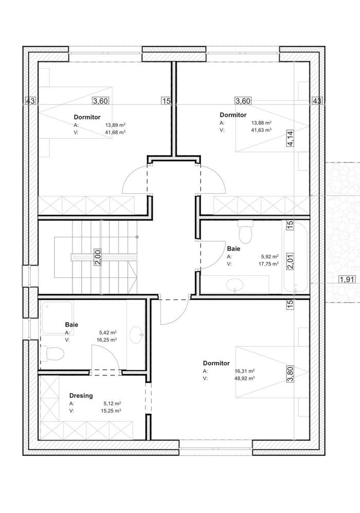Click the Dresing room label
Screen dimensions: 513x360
tap(81, 396)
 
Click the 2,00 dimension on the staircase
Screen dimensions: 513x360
tap(98, 257)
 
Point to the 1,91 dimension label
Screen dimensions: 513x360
tap(347, 280)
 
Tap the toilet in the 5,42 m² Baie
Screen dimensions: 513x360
tap(54, 353)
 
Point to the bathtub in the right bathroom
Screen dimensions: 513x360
tap(297, 257)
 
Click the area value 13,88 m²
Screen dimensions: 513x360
tap(261, 123)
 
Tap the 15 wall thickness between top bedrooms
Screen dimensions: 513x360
tap(166, 101)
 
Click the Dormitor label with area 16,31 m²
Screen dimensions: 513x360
tap(216, 363)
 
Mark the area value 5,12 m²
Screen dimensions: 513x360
tap(112, 404)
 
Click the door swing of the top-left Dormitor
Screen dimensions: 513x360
tap(135, 181)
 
